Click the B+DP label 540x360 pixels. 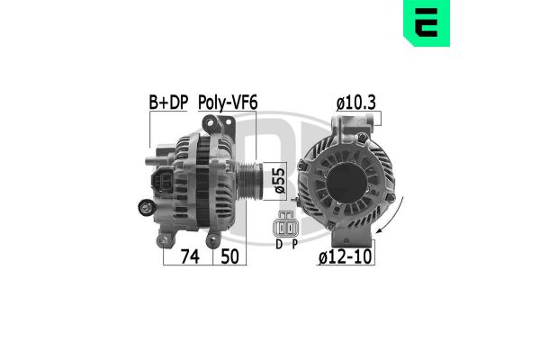click(x=168, y=105)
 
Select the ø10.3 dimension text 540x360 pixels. click(x=356, y=105)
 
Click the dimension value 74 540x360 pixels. click(x=187, y=256)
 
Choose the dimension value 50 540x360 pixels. click(x=230, y=256)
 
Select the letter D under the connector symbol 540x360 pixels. click(x=279, y=243)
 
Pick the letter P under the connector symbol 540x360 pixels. click(x=295, y=243)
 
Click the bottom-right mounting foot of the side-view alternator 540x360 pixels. click(x=213, y=236)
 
